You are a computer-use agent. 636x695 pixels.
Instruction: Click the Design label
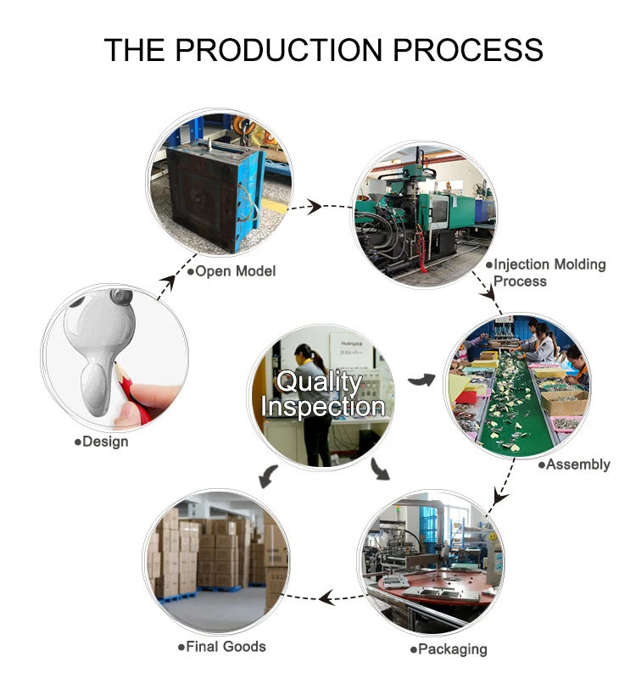(102, 442)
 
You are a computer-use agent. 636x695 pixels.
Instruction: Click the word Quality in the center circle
(319, 381)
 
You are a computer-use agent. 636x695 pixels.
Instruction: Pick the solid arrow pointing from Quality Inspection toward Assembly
(419, 380)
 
